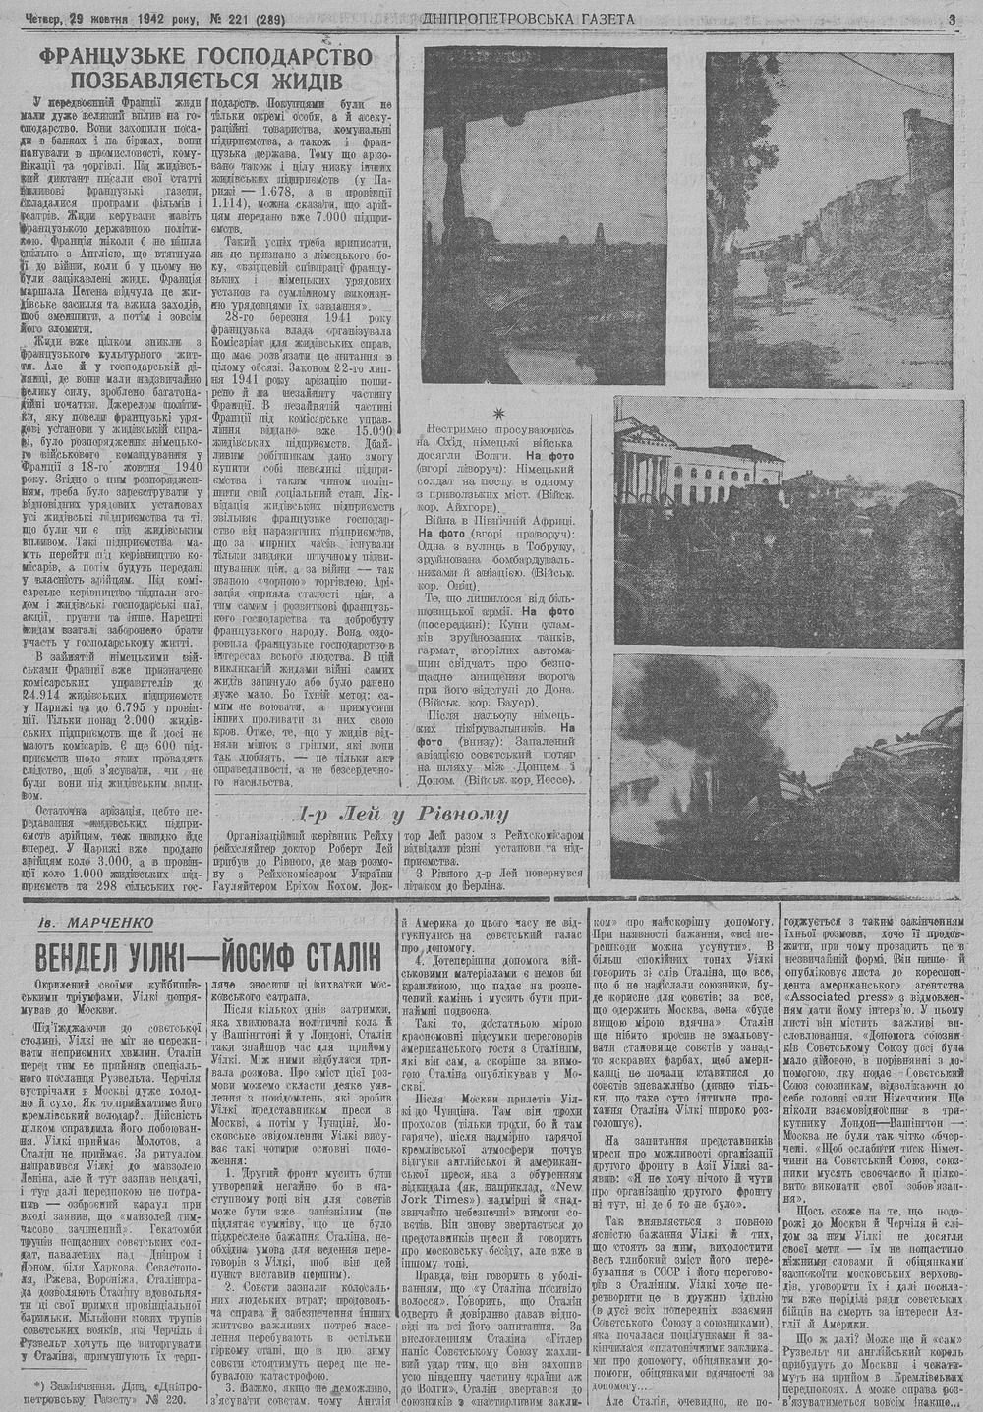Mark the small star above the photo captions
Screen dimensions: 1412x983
pos(498,412)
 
